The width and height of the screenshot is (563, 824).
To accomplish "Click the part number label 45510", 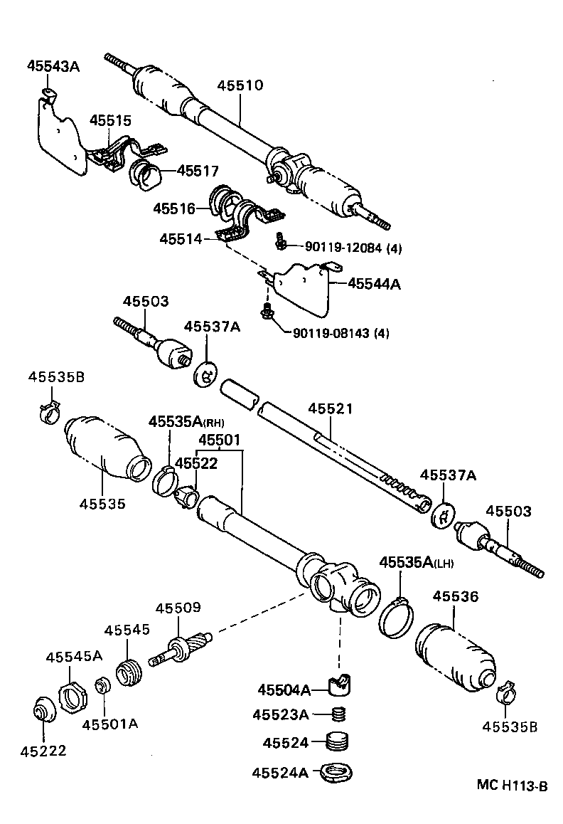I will (x=240, y=86).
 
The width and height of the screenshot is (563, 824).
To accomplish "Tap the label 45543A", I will (x=53, y=67).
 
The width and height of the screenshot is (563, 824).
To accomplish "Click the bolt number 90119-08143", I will (x=341, y=332).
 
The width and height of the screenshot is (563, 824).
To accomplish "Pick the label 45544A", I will (x=374, y=284).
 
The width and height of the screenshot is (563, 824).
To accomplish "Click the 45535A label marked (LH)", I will (x=416, y=562).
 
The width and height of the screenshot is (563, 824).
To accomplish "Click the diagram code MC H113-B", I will (x=512, y=786).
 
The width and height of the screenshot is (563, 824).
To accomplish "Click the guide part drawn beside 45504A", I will (x=342, y=685).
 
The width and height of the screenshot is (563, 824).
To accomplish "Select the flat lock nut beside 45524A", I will (x=338, y=771).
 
